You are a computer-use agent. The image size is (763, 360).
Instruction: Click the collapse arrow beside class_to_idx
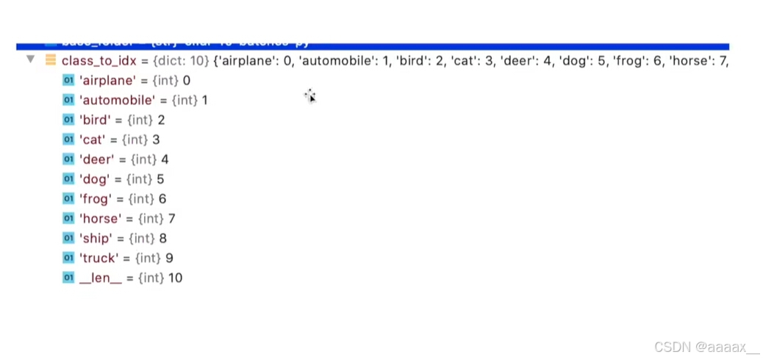30,59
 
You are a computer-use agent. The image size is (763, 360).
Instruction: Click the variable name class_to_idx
97,61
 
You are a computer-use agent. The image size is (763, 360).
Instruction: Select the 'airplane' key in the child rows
108,80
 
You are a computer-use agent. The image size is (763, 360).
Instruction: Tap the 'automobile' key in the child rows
118,100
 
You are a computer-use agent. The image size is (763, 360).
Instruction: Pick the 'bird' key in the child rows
96,120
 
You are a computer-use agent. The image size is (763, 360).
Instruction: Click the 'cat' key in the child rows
93,140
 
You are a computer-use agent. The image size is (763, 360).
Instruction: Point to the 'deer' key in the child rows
97,159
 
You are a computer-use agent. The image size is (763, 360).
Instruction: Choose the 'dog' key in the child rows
95,179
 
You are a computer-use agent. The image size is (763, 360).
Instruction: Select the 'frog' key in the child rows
96,199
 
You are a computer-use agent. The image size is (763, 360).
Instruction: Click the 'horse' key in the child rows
100,219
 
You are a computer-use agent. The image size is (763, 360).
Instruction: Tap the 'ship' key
96,239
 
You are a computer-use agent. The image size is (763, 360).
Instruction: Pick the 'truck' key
98,259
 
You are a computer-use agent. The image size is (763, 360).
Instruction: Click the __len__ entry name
101,278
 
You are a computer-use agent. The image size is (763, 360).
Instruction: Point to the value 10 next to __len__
175,278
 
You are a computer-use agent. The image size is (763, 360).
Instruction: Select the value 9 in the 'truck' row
170,259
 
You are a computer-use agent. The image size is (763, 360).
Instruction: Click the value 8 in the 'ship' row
163,239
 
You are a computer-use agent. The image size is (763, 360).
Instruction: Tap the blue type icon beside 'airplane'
68,80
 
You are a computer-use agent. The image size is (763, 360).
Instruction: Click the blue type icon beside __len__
68,278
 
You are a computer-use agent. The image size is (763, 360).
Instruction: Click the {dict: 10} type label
180,61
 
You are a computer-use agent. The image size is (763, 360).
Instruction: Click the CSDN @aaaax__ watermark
706,347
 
